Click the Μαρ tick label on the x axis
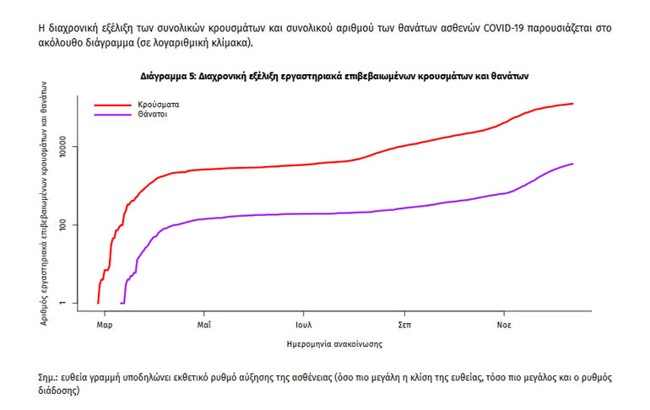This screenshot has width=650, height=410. tap(104, 324)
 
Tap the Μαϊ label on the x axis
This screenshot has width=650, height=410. tap(204, 324)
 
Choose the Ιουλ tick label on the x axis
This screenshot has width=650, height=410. tap(305, 324)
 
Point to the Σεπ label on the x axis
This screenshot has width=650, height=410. tap(405, 324)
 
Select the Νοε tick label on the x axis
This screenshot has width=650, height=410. tap(504, 324)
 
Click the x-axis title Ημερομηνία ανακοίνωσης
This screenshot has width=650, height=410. tap(335, 344)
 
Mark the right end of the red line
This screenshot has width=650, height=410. tap(573, 104)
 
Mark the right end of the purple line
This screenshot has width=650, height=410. tap(573, 164)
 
